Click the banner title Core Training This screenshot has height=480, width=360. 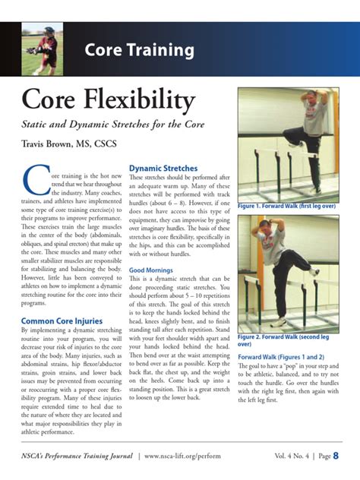pyautogui.click(x=139, y=51)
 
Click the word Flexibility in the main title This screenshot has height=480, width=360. pyautogui.click(x=141, y=100)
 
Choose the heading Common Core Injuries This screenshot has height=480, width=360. pyautogui.click(x=62, y=321)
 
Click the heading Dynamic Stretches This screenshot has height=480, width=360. pyautogui.click(x=163, y=168)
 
